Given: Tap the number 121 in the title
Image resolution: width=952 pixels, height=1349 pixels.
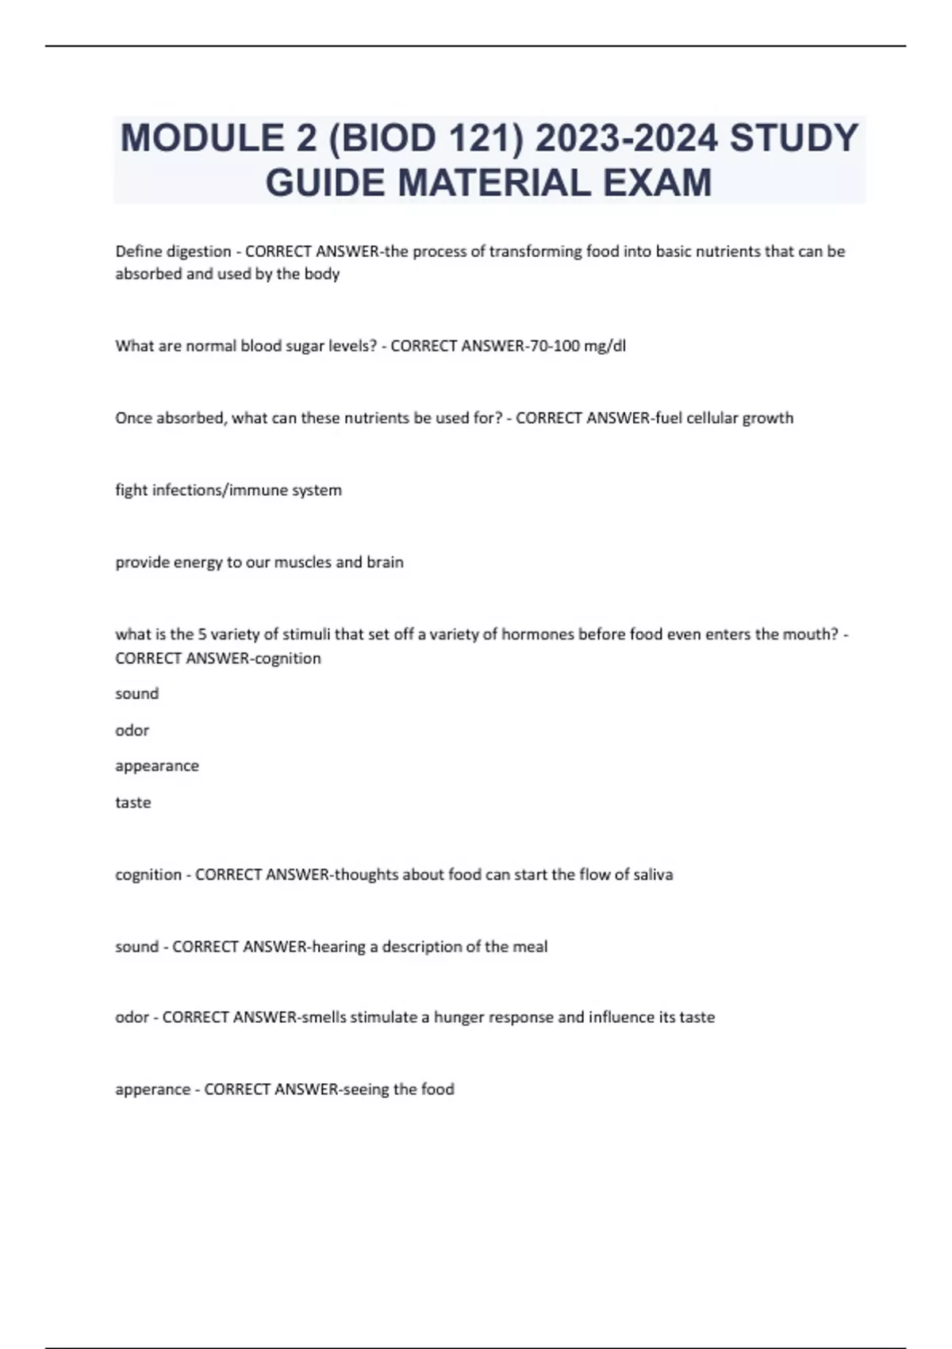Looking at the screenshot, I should (484, 138).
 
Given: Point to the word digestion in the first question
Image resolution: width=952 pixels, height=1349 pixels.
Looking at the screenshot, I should (198, 252).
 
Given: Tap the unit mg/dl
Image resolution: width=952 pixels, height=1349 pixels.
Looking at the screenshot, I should (605, 346).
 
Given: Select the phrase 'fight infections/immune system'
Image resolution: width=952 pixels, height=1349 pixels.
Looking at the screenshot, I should (228, 490).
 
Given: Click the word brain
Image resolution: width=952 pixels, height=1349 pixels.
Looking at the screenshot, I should (385, 563).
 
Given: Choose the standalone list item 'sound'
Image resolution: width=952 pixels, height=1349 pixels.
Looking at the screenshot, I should (137, 694).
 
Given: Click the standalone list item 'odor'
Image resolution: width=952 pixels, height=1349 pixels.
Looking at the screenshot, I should (132, 730).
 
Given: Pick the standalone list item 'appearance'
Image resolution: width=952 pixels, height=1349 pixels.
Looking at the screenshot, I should (157, 766).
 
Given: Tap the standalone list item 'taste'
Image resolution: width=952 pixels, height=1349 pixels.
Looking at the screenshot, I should (132, 802).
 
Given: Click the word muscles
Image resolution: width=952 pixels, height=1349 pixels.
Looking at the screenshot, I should (302, 563).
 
